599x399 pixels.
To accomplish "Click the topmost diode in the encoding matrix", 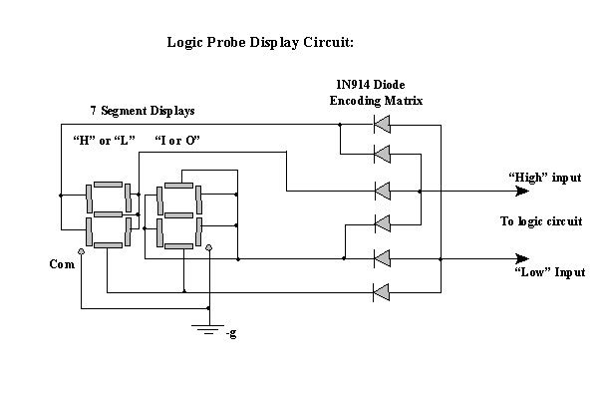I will click(381, 125).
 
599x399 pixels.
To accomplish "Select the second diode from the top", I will click(381, 154).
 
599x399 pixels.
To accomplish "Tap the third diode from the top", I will click(381, 190).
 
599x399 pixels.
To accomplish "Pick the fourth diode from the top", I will click(381, 221).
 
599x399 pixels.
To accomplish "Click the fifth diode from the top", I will click(381, 257).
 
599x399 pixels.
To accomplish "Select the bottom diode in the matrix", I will click(381, 291).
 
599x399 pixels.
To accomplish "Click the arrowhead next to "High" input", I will click(521, 190).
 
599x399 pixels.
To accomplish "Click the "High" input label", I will click(544, 177).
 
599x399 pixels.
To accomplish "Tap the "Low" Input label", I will click(549, 272).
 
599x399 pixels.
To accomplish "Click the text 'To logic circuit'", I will click(541, 221).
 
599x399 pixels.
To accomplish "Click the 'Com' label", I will click(61, 264).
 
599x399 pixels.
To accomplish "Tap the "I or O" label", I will click(178, 140).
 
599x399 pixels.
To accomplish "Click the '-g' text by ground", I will click(231, 332).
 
